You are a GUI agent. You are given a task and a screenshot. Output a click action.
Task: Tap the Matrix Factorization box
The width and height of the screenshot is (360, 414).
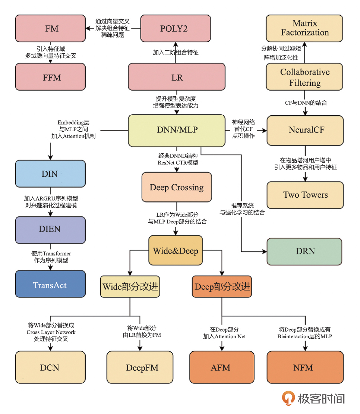coord(305,28)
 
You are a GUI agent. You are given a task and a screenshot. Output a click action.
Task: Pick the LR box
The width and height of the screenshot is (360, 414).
coord(176,77)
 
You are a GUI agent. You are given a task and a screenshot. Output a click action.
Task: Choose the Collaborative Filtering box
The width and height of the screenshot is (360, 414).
coord(305,77)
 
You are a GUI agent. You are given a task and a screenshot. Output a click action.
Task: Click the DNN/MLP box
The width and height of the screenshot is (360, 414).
coord(177,130)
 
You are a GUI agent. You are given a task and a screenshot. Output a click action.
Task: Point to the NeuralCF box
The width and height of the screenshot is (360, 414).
coord(305,130)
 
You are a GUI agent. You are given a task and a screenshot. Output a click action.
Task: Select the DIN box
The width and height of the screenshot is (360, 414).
coord(50,173)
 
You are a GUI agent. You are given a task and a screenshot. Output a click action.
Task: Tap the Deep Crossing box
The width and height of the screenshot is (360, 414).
coord(177,187)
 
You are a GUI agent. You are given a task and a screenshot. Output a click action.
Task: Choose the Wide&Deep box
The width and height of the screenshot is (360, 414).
coord(176,250)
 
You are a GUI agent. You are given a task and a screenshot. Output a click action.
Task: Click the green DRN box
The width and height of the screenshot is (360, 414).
coord(304,251)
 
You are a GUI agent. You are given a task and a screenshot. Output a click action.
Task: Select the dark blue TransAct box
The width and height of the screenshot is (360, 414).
coord(50,285)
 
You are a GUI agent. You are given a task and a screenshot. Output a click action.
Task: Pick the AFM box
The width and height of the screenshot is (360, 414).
coord(222,368)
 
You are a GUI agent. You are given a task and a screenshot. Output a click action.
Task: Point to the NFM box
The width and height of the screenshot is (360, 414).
coord(305,368)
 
